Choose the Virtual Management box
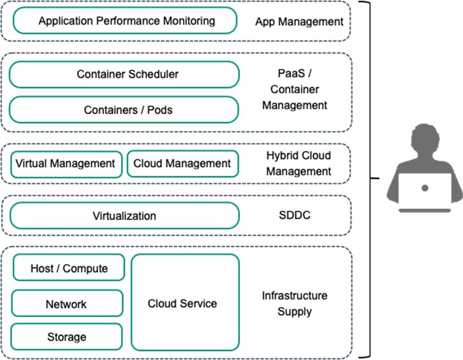65,164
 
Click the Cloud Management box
182,164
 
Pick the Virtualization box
124,216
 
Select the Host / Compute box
68,268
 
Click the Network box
66,304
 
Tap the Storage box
66,337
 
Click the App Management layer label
299,22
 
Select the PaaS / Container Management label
295,90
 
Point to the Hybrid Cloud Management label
298,164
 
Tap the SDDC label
294,216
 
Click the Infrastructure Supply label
294,303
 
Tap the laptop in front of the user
424,191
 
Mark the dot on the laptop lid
424,188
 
